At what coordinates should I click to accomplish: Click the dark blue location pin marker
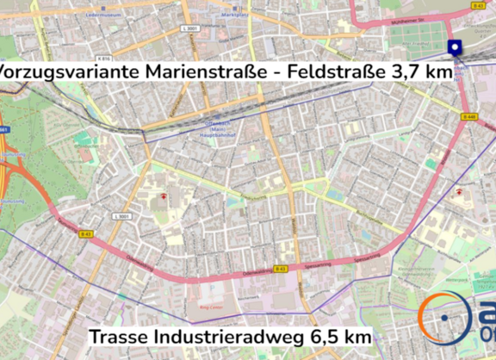[454, 48]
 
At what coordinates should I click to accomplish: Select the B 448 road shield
[469, 115]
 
